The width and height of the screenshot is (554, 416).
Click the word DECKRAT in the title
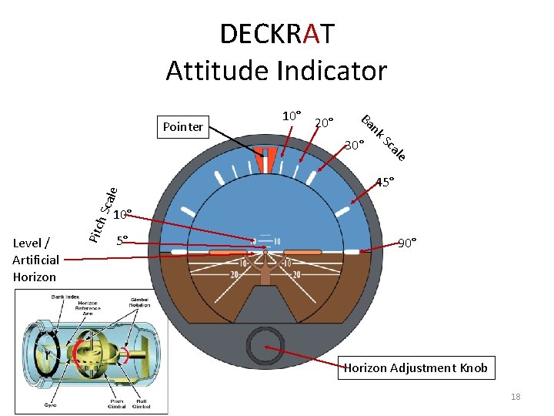pos(277,35)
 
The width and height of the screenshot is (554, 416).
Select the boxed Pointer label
pos(182,127)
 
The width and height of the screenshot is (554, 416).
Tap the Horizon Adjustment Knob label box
pos(415,367)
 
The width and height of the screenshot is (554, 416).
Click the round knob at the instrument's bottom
pos(265,344)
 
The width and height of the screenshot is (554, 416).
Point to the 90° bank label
pos(408,243)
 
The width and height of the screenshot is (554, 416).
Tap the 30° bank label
pos(355,145)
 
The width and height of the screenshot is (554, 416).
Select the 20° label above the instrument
pos(324,122)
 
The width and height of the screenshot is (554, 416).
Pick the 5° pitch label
pos(122,240)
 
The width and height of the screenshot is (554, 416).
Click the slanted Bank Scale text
pos(383,137)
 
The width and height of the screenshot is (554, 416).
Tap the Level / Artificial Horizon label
pos(35,260)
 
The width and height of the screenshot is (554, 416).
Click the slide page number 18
pos(515,397)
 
